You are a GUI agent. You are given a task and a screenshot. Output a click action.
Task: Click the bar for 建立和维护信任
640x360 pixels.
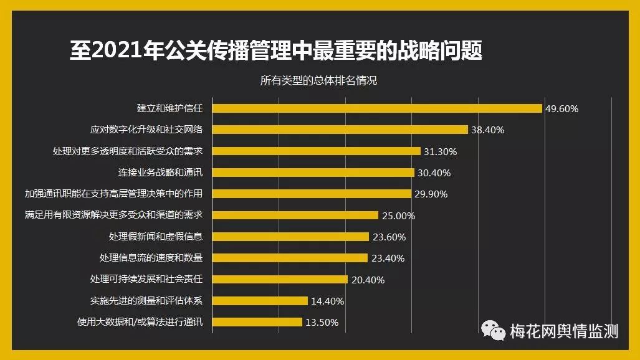point(377,108)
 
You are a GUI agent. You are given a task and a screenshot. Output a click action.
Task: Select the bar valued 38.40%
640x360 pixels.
point(340,130)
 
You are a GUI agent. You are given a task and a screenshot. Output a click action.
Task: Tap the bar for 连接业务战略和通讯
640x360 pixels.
point(313,173)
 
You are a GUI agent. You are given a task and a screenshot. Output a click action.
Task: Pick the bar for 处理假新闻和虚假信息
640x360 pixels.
point(290,237)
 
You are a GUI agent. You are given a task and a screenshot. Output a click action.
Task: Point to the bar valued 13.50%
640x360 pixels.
point(257,322)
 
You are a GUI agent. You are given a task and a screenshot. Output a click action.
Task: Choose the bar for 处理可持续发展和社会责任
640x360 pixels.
point(280,280)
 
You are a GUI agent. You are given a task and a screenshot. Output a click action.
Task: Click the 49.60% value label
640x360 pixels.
point(561,108)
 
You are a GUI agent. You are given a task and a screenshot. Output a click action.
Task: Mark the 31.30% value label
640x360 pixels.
point(441,151)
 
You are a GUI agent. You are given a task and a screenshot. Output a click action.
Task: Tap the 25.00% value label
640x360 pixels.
point(398,216)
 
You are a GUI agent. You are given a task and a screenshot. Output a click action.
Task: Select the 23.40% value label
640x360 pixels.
point(387,258)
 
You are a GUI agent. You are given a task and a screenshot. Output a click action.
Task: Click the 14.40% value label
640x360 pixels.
point(327,301)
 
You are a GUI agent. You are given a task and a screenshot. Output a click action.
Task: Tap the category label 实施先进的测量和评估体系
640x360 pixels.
point(146,301)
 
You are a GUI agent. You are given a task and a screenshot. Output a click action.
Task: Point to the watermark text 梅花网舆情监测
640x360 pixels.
point(564,331)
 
